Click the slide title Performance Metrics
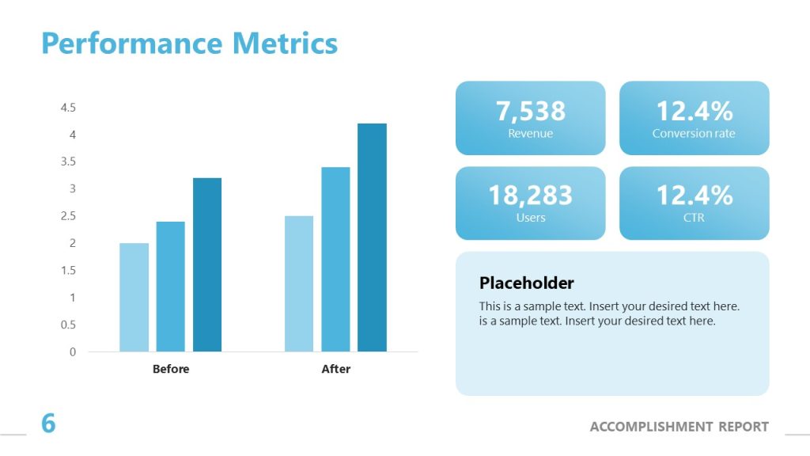click(189, 43)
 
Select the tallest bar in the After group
click(372, 237)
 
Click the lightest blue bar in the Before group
click(134, 297)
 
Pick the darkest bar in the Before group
click(207, 264)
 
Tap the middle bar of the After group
click(335, 259)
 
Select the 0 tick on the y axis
click(73, 351)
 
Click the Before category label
click(171, 369)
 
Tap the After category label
click(335, 369)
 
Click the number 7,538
click(531, 111)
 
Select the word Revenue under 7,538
click(531, 134)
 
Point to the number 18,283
click(531, 195)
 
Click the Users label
click(531, 218)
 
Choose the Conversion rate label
click(694, 134)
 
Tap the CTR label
click(694, 218)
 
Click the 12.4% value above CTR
click(694, 195)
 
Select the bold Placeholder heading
click(527, 283)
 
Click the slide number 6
click(48, 424)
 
